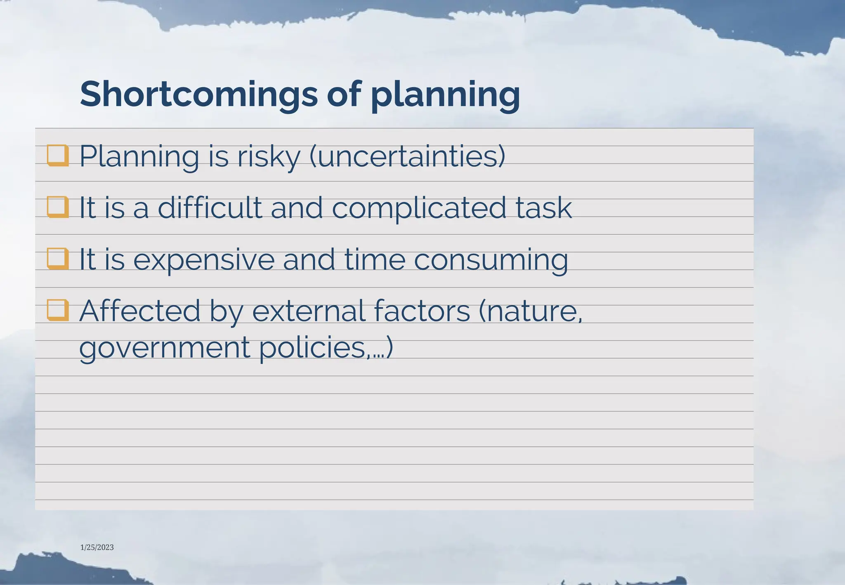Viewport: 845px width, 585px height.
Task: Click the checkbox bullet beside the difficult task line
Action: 58,207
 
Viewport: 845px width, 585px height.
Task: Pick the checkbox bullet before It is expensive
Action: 58,258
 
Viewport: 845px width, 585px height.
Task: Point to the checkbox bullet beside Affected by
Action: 58,310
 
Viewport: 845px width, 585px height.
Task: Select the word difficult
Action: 210,207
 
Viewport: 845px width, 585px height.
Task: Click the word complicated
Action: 419,207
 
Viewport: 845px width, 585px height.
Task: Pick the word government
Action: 164,347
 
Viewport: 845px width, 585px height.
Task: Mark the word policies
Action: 313,347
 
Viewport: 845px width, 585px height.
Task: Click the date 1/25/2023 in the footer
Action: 97,547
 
